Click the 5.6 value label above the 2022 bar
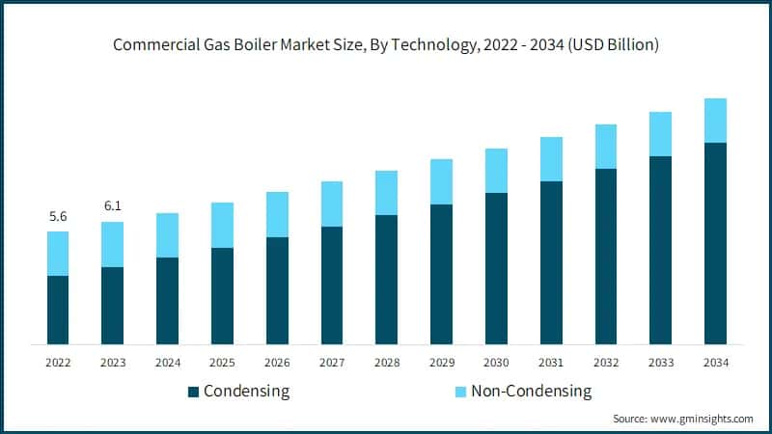point(58,217)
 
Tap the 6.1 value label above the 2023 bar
point(113,206)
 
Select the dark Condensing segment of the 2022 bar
point(58,310)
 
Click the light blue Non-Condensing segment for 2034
point(715,121)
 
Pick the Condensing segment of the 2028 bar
point(386,280)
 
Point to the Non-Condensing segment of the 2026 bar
point(277,214)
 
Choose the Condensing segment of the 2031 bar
point(551,262)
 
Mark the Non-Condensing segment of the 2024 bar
point(167,235)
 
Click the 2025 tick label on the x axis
point(222,363)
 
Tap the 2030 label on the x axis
point(496,363)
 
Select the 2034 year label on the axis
point(715,363)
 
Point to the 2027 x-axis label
point(332,363)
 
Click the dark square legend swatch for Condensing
point(193,392)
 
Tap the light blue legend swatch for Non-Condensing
point(459,392)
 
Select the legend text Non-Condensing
point(531,392)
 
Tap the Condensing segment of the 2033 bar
point(660,250)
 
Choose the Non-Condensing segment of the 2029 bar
point(441,181)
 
